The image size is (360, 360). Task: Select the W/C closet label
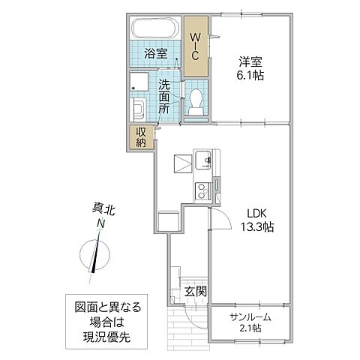pos(194,45)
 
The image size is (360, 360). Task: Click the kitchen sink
pos(202,160)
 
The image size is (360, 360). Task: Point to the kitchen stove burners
pos(202,188)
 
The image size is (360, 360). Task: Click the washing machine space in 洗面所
pos(142,85)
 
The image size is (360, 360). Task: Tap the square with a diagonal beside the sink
pos(182,163)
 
